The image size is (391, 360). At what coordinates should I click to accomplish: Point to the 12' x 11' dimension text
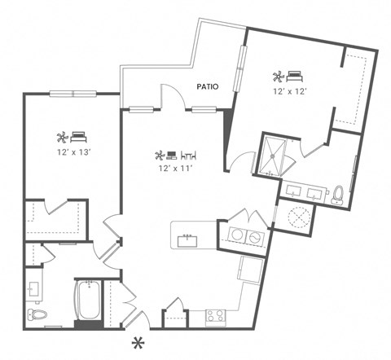click(x=176, y=169)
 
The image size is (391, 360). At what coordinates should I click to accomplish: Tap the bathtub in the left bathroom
click(x=87, y=301)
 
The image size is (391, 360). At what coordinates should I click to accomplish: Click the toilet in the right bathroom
click(x=339, y=194)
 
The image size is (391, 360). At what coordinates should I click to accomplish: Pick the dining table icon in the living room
click(x=189, y=154)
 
